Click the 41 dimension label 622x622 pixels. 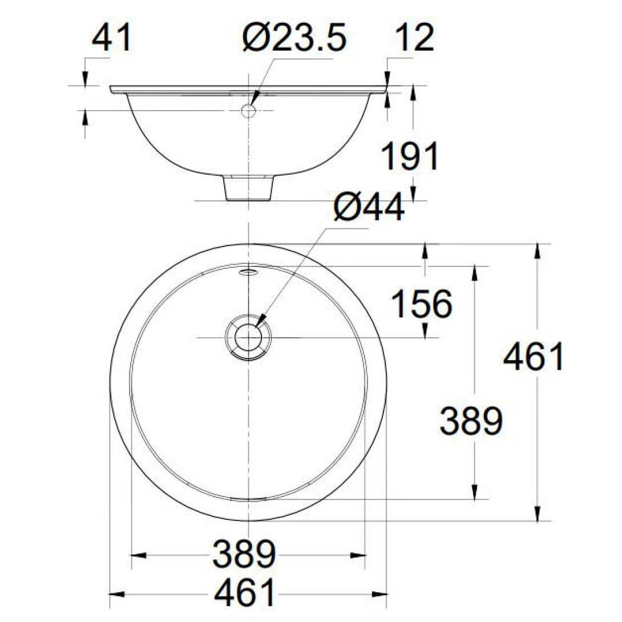[112, 39]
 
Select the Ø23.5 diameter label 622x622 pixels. [293, 39]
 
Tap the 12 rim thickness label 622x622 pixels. [415, 39]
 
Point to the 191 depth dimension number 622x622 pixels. [410, 157]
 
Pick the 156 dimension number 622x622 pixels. [422, 304]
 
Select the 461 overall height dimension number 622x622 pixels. [534, 358]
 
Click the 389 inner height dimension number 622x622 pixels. [471, 421]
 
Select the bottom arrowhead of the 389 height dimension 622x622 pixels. [474, 492]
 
